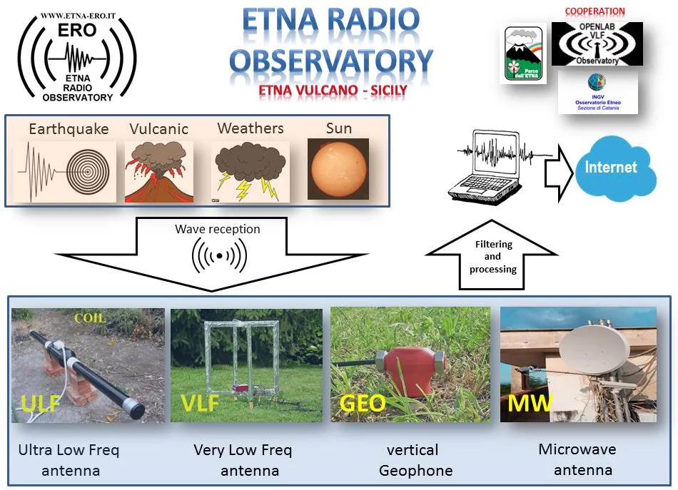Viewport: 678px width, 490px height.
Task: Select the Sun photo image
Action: coord(338,168)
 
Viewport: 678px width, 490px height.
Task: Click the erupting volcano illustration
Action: coord(159,171)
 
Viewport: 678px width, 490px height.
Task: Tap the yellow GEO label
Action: coord(363,404)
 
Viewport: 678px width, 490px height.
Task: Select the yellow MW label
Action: coord(530,404)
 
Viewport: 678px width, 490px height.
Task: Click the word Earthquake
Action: coord(69,129)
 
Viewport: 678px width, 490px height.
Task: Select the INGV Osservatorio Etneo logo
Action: coord(597,93)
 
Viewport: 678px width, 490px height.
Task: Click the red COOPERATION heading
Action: coord(594,11)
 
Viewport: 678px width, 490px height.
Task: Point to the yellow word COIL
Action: coord(89,318)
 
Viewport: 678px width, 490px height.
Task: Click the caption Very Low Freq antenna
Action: coord(243,460)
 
